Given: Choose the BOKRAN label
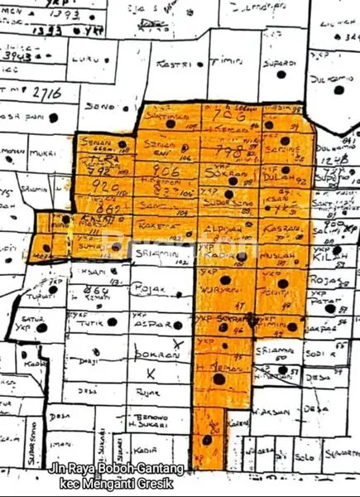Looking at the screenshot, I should pyautogui.click(x=157, y=354).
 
